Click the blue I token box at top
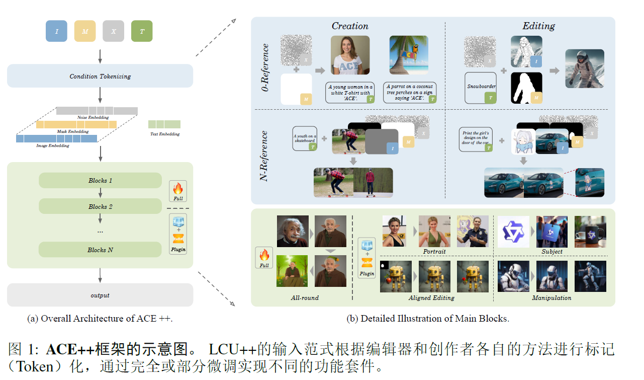(56, 31)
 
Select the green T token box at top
(142, 31)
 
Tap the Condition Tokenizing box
(100, 76)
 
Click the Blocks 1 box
(100, 180)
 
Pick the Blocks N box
(100, 250)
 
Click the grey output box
(100, 295)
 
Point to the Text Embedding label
(164, 134)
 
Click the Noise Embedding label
(93, 117)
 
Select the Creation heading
(350, 26)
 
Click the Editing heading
(538, 26)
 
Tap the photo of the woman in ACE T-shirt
(350, 55)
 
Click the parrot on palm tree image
(409, 55)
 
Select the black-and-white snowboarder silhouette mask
(527, 88)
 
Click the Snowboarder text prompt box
(481, 87)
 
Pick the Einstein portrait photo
(292, 231)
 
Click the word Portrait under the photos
(434, 251)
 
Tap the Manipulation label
(551, 297)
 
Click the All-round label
(305, 297)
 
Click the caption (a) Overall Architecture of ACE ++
(100, 318)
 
